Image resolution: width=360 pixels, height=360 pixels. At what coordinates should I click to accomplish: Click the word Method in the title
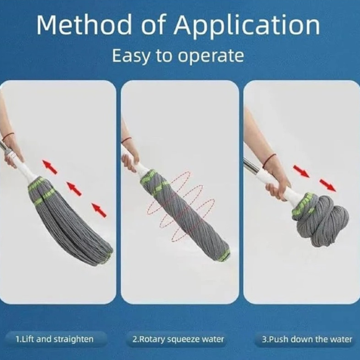coord(84,25)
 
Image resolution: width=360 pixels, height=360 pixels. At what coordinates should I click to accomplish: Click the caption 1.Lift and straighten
coord(55,339)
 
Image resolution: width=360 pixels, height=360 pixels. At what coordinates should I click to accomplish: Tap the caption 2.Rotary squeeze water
coord(178,339)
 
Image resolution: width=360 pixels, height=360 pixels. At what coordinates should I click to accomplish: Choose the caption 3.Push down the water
coord(307,339)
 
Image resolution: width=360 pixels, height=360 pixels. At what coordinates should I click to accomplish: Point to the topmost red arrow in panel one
coord(50,167)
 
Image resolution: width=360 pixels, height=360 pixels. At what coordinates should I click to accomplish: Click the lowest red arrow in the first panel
coord(99,210)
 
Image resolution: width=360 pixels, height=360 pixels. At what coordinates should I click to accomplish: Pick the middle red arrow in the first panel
coord(74,189)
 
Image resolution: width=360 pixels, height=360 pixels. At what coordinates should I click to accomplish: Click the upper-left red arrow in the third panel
coord(301,171)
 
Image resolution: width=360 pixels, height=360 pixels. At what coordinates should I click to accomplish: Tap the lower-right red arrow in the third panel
coord(328,185)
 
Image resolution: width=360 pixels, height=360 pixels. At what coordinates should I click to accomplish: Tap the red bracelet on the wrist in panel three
coord(269,160)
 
